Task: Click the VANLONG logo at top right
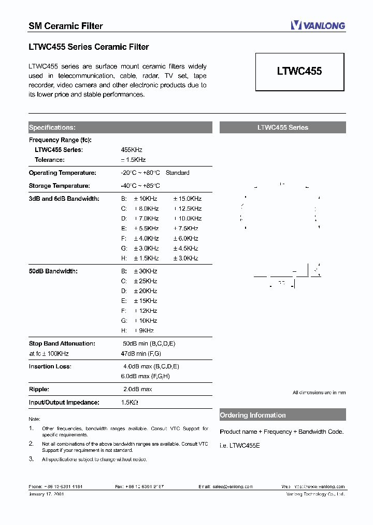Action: [x=318, y=25]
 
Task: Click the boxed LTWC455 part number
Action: [x=299, y=72]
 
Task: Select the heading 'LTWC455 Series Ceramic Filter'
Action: [x=89, y=47]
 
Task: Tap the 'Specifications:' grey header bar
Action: [x=120, y=128]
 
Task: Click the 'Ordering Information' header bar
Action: [x=282, y=415]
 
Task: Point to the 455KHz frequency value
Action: [x=131, y=150]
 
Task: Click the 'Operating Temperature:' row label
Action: [x=62, y=173]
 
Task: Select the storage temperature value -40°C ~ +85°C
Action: [x=140, y=186]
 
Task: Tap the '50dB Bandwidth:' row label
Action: [x=53, y=271]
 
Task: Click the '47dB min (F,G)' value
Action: [x=141, y=353]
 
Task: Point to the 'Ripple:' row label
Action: [x=39, y=389]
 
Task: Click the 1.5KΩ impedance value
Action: [x=130, y=402]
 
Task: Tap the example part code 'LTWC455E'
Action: [x=245, y=445]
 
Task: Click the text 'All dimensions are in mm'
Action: [x=319, y=393]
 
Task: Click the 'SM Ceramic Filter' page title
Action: [x=65, y=26]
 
